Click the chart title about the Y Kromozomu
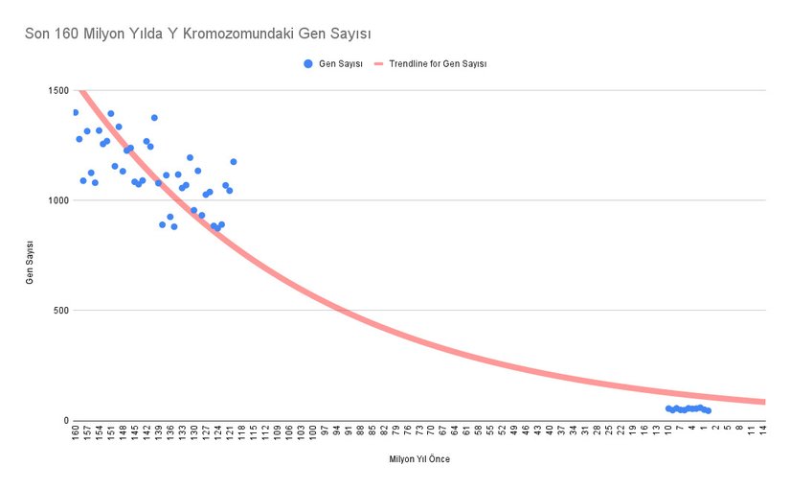[x=191, y=34]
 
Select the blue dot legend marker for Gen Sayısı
[x=307, y=63]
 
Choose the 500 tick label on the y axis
[x=59, y=311]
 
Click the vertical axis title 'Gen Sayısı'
[x=30, y=256]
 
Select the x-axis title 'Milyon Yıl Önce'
[x=418, y=459]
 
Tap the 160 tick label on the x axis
[x=75, y=434]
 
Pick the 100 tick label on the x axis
[x=313, y=434]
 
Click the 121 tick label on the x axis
[x=230, y=434]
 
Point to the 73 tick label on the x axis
[x=419, y=432]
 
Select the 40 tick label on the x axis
[x=550, y=432]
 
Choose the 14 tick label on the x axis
[x=764, y=432]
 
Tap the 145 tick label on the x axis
[x=135, y=434]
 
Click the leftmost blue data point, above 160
[x=75, y=112]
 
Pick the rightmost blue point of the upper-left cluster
[x=233, y=162]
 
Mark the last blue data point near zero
[x=708, y=410]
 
